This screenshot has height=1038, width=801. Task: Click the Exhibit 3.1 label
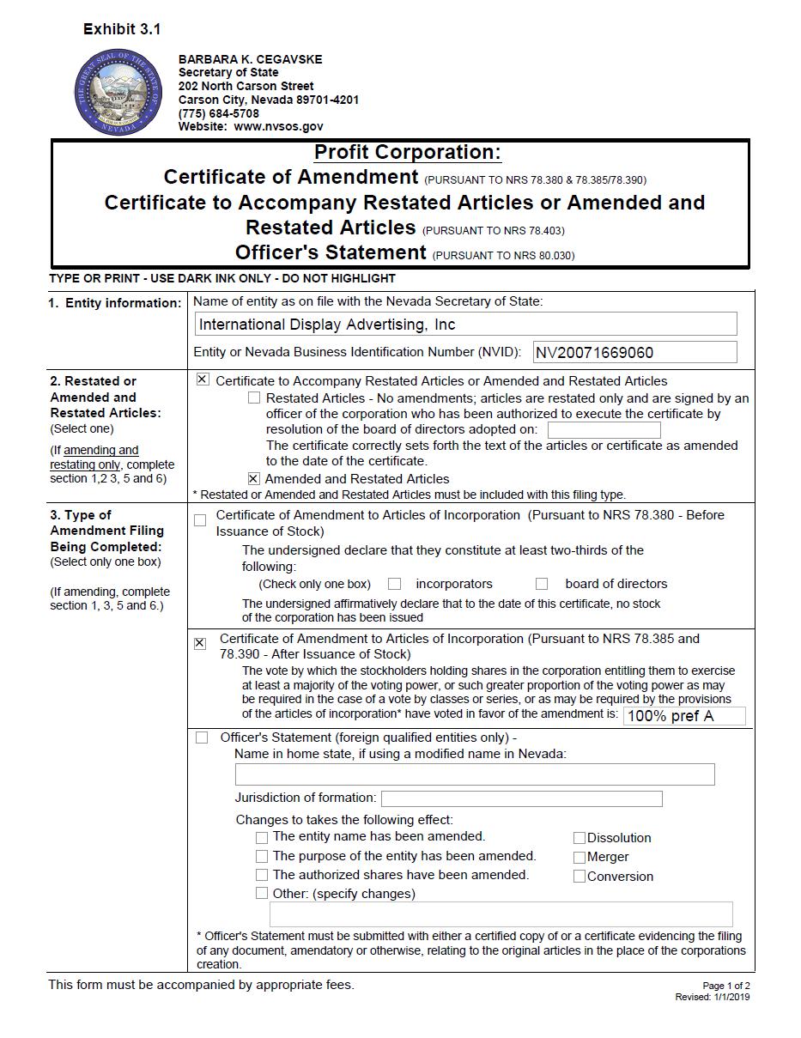pyautogui.click(x=122, y=29)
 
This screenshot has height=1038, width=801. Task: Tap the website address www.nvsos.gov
pyautogui.click(x=278, y=126)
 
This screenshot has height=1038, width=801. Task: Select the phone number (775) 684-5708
pyautogui.click(x=218, y=113)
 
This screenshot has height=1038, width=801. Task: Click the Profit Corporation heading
pyautogui.click(x=407, y=153)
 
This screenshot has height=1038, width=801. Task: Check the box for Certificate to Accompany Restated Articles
pyautogui.click(x=203, y=379)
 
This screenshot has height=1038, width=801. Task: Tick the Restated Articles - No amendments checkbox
pyautogui.click(x=254, y=398)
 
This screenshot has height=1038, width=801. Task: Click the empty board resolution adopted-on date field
pyautogui.click(x=604, y=430)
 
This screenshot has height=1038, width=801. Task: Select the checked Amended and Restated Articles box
pyautogui.click(x=253, y=478)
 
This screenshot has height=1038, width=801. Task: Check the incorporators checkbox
pyautogui.click(x=394, y=584)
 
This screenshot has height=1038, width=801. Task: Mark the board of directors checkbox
pyautogui.click(x=542, y=584)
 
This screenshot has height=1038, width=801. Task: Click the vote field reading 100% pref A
pyautogui.click(x=684, y=716)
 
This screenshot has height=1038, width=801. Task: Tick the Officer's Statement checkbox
pyautogui.click(x=202, y=738)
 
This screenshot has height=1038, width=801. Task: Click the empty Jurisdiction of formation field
pyautogui.click(x=521, y=798)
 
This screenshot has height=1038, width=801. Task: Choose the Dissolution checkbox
pyautogui.click(x=580, y=838)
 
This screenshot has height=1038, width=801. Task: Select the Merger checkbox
pyautogui.click(x=580, y=857)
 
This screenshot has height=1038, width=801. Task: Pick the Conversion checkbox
pyautogui.click(x=580, y=877)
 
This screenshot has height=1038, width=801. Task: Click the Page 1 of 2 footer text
pyautogui.click(x=725, y=986)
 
